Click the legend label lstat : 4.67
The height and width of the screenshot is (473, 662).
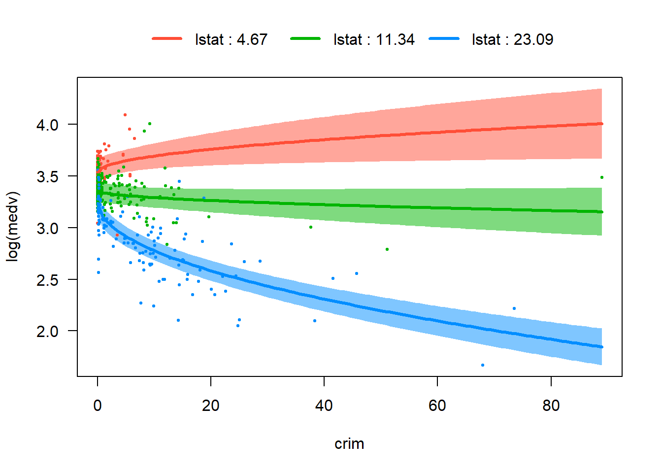pos(231,39)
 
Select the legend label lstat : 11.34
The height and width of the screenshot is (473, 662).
pos(374,39)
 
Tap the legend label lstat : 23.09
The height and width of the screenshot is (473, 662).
pos(512,39)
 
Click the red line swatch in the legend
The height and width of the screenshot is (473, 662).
pos(167,39)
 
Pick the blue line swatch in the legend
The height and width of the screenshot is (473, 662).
pos(444,39)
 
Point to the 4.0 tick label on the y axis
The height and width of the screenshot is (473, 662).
pos(47,125)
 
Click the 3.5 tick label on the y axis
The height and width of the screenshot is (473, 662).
pos(47,176)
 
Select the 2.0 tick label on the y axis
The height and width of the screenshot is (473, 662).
pos(47,331)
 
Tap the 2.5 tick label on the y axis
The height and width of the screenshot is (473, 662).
pos(47,280)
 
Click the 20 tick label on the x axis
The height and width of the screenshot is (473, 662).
pos(211,405)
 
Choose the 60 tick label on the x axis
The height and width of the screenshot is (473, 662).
pos(437,405)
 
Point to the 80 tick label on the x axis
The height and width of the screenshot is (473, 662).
pos(551,405)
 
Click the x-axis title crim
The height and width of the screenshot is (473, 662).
pos(349,444)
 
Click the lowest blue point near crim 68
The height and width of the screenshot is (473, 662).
pos(483,365)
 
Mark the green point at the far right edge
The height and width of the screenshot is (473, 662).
pos(602,177)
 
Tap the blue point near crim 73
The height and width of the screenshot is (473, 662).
pos(514,308)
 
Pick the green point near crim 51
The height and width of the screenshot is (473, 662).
pos(387,249)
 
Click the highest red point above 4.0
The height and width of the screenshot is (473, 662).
pos(125,115)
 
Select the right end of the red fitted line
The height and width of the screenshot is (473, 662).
pos(602,124)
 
